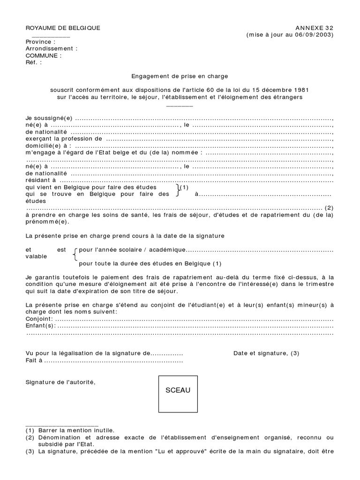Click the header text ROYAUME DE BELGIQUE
click(63, 28)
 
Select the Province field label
click(41, 42)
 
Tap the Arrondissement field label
click(52, 48)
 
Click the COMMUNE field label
click(44, 55)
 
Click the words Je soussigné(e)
click(49, 119)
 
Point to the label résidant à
click(41, 180)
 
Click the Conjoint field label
click(40, 319)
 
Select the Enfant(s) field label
click(41, 326)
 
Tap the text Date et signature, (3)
click(266, 353)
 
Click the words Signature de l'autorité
click(60, 382)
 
